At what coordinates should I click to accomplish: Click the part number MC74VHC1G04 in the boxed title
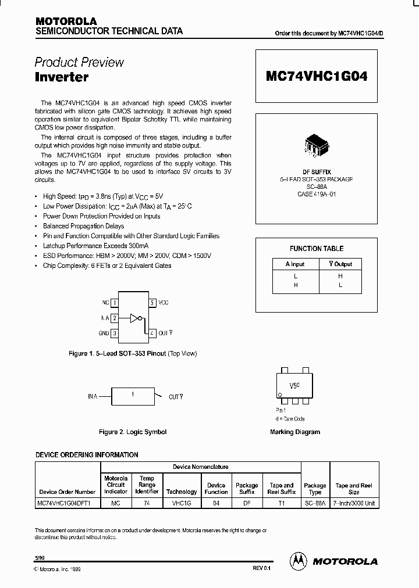pos(317,76)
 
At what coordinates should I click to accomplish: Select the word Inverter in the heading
pos(61,77)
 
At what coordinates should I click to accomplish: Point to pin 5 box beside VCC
pos(152,303)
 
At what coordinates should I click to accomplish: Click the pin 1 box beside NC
pos(115,303)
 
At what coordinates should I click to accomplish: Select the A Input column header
pos(296,264)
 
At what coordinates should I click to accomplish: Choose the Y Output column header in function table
pos(340,264)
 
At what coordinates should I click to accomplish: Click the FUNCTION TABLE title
pos(317,249)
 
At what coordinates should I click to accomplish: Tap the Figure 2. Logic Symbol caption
pos(133,432)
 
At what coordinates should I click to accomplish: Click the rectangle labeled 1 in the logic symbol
pos(133,396)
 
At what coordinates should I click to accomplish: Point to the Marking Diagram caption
pos(295,432)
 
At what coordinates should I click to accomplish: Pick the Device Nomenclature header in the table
pos(201,467)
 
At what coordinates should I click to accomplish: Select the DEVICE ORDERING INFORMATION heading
pos(87,455)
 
